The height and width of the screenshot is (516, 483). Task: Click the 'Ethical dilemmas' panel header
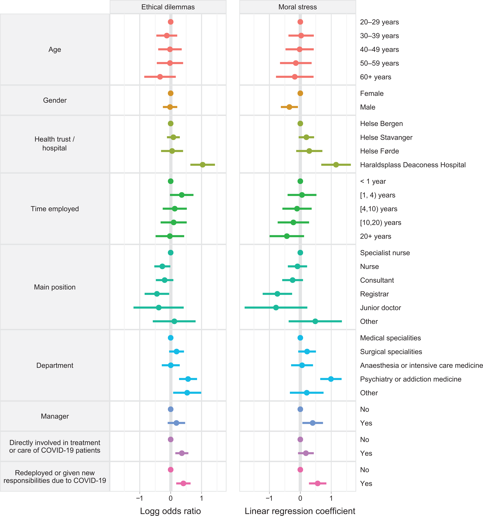(168, 7)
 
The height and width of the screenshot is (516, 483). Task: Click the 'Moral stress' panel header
(298, 7)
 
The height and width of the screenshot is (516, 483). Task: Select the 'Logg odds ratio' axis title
(170, 511)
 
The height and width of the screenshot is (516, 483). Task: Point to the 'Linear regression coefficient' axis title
(300, 511)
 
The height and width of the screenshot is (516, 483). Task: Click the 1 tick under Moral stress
(331, 498)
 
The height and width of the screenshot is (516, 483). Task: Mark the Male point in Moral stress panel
(289, 107)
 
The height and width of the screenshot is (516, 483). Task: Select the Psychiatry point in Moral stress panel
(331, 379)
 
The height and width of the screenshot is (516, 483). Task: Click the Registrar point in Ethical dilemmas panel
(157, 294)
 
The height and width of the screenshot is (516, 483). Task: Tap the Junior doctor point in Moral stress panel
(276, 308)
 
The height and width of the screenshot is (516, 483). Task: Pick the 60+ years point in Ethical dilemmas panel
(160, 77)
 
